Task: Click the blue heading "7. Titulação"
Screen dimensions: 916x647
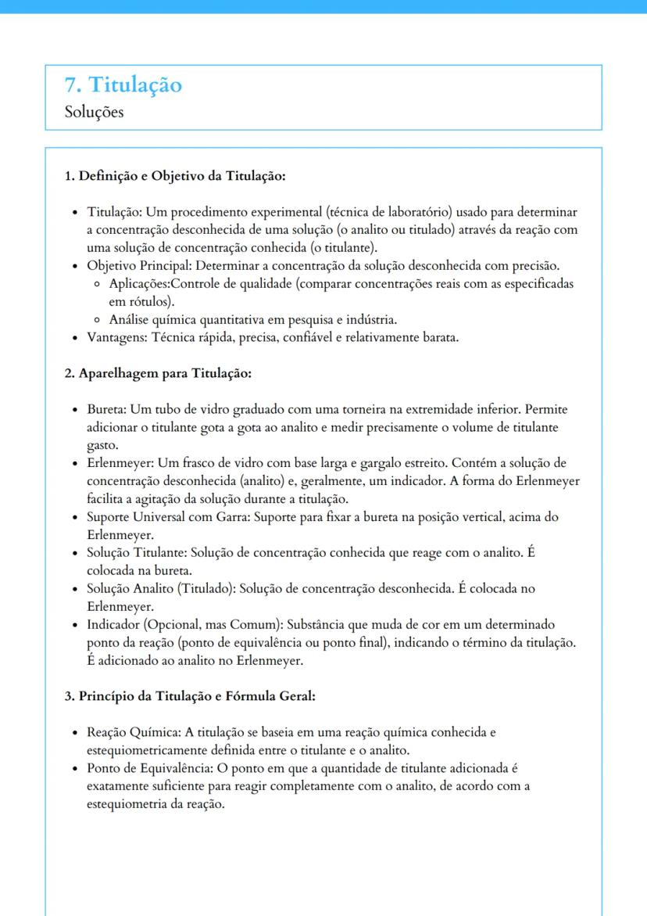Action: [x=123, y=84]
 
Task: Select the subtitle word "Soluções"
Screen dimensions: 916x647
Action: [x=94, y=112]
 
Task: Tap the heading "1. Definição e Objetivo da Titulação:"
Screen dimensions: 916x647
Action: [x=174, y=175]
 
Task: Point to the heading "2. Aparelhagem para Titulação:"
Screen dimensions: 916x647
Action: [x=157, y=373]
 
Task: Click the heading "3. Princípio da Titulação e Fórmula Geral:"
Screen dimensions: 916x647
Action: [x=189, y=695]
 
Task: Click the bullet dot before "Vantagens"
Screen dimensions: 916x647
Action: [x=74, y=338]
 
